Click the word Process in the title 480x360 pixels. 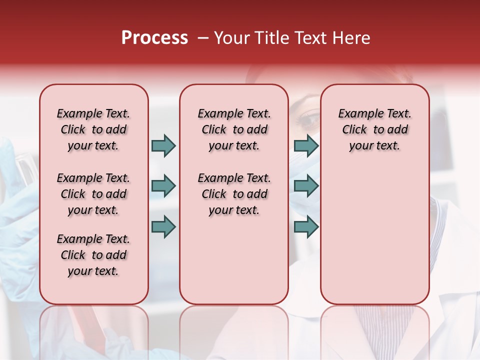pyautogui.click(x=154, y=38)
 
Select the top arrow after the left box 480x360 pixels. pyautogui.click(x=163, y=145)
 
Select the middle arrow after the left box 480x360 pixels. pyautogui.click(x=163, y=186)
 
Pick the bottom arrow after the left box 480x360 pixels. pyautogui.click(x=163, y=227)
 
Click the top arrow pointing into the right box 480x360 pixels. pyautogui.click(x=306, y=145)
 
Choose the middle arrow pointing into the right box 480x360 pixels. pyautogui.click(x=306, y=186)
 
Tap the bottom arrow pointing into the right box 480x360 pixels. pyautogui.click(x=306, y=227)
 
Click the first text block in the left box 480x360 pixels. pyautogui.click(x=93, y=129)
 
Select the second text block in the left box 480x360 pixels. pyautogui.click(x=93, y=194)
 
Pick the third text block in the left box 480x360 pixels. pyautogui.click(x=93, y=255)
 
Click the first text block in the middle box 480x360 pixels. pyautogui.click(x=234, y=129)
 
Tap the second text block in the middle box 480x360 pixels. pyautogui.click(x=234, y=194)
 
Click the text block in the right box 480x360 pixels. pyautogui.click(x=375, y=129)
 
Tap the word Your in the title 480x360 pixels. pyautogui.click(x=231, y=38)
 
